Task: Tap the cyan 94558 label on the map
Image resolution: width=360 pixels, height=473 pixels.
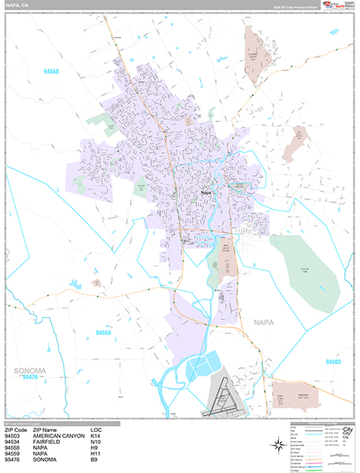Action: pos(52,72)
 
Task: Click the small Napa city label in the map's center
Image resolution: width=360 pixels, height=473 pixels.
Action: pos(206,192)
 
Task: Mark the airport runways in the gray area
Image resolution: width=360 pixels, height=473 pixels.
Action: pos(223,399)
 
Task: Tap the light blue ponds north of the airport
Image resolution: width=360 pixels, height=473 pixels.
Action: pos(204,366)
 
